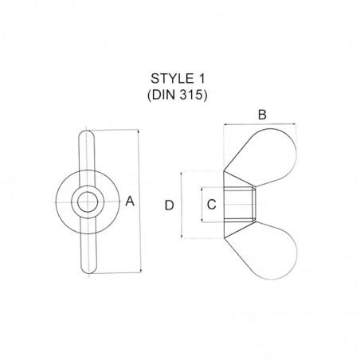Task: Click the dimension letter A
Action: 131,202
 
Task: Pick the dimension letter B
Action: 262,115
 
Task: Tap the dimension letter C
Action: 210,204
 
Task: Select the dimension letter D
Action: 169,205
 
